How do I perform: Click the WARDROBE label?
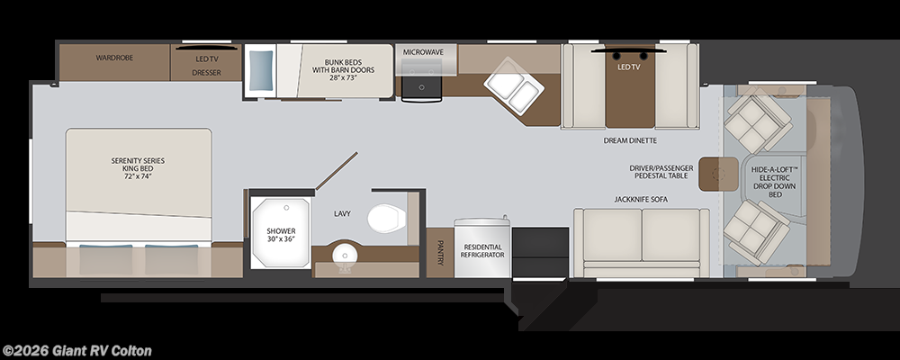[114, 58]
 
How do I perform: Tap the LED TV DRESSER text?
[206, 64]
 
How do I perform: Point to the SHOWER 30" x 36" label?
[281, 236]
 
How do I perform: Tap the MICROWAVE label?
[423, 52]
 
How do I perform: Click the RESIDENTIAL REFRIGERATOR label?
[483, 250]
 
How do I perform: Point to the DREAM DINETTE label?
[630, 140]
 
